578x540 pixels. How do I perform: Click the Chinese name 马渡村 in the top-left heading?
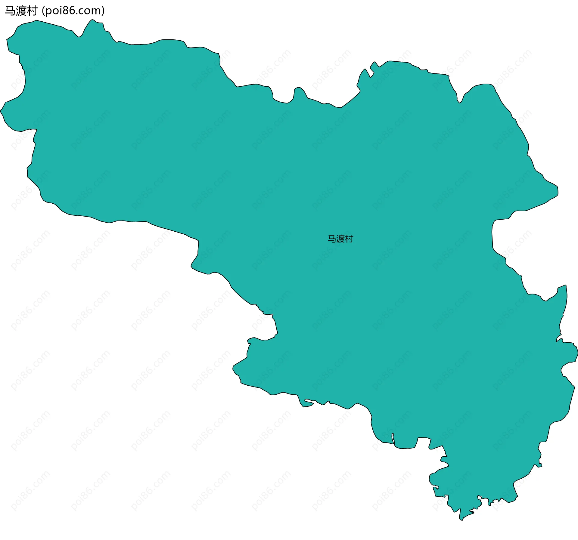coord(21,11)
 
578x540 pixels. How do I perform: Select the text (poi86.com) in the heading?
coord(73,11)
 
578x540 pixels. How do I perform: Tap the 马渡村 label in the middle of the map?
coord(340,239)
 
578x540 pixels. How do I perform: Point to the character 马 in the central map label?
coord(332,239)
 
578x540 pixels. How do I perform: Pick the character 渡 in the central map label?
coord(340,239)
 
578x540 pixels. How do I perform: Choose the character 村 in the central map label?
coord(349,239)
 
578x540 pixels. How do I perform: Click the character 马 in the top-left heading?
coord(10,11)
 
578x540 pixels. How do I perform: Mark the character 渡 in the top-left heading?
coord(21,11)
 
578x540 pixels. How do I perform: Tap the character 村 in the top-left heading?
coord(32,11)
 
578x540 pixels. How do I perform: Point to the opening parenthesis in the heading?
coord(43,11)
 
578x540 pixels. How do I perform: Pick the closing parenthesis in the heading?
coord(103,11)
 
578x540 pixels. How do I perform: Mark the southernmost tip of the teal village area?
coord(461,520)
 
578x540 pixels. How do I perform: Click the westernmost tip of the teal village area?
coord(1,110)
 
